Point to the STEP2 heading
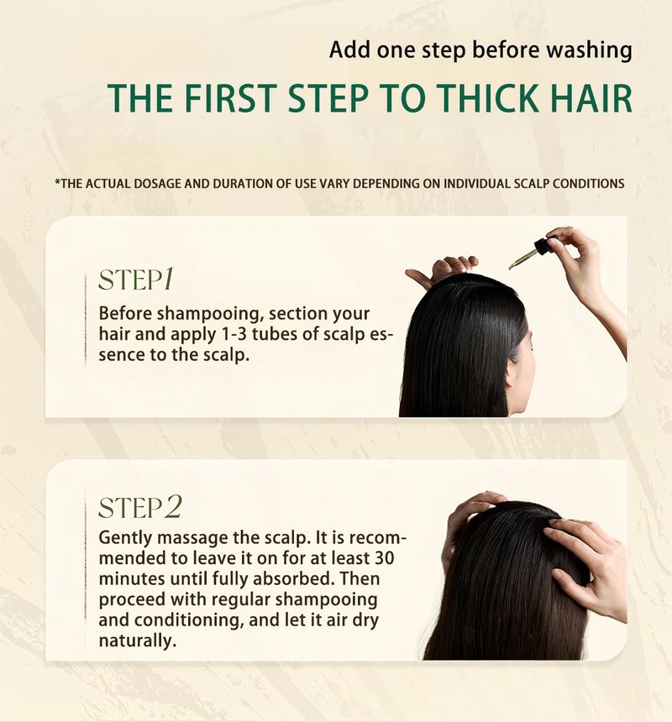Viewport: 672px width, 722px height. point(140,507)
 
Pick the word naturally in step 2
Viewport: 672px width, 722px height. point(137,641)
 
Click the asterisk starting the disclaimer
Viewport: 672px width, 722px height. point(56,181)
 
